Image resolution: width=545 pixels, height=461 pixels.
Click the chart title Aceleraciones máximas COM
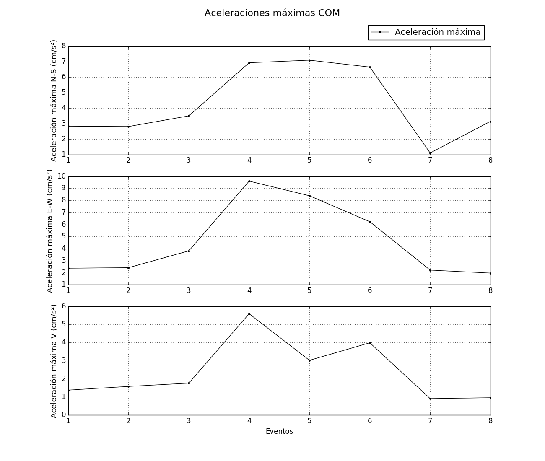[272, 13]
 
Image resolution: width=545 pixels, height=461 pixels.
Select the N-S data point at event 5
[309, 60]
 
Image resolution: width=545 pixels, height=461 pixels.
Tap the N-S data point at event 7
[430, 153]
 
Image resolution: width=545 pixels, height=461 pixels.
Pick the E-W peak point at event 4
[249, 181]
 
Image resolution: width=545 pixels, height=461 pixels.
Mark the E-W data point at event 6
[370, 222]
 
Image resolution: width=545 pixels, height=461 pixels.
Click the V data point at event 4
[249, 314]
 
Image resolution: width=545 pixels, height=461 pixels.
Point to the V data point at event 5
[309, 360]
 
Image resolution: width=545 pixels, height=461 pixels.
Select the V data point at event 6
[370, 343]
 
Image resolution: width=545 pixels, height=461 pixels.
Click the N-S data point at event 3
[189, 116]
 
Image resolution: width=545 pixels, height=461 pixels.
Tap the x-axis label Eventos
[279, 431]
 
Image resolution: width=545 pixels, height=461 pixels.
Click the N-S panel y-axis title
[54, 101]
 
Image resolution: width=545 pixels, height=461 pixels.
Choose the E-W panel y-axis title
[50, 230]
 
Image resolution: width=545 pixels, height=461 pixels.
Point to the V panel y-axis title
[54, 361]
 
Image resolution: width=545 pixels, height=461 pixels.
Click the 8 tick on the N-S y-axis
[64, 46]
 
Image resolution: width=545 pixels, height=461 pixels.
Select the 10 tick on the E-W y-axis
[62, 176]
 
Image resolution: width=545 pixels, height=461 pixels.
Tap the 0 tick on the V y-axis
[64, 414]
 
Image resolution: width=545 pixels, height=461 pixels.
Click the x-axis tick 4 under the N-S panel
[249, 160]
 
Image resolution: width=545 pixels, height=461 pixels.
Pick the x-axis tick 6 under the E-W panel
[370, 290]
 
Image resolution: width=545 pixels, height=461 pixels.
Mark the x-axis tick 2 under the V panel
[128, 420]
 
